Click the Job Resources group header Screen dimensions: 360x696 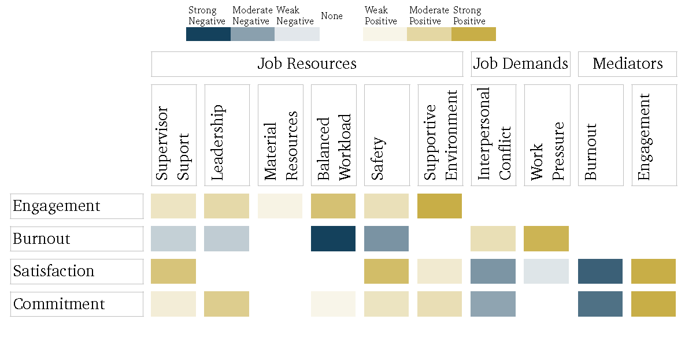307,64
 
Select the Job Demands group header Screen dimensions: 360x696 520,64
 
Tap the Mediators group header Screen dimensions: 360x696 627,64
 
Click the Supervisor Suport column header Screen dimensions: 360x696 173,135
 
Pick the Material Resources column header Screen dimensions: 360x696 280,135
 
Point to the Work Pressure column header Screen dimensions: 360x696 547,135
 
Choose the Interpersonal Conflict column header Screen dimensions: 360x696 494,135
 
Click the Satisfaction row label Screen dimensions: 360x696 76,272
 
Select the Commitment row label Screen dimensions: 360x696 76,304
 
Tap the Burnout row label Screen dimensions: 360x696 76,239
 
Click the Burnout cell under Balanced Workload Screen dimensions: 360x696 334,239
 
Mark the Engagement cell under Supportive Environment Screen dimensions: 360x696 440,206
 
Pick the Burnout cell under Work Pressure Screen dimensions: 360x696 546,239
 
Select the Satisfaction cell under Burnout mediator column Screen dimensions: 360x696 600,272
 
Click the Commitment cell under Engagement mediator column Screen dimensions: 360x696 653,304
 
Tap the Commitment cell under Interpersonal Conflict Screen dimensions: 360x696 493,304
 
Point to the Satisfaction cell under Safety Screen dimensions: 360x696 387,272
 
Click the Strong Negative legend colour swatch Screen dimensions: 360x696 208,34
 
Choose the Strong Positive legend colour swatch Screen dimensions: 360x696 473,34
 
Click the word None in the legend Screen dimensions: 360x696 332,16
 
